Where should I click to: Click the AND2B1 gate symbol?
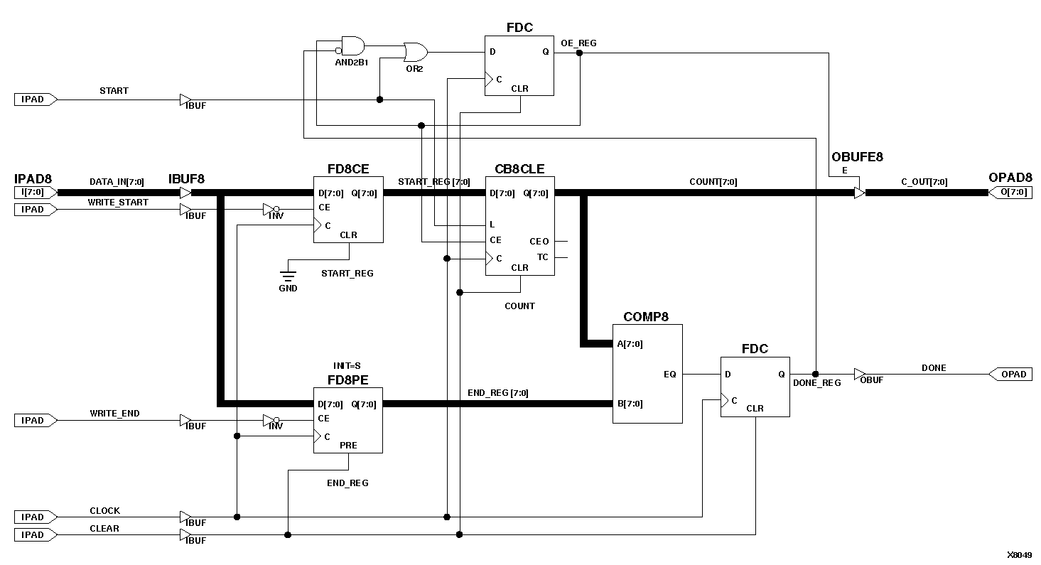[x=352, y=47]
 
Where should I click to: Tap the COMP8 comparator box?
[x=647, y=374]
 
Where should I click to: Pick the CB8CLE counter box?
[x=519, y=226]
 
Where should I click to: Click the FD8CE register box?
[x=348, y=210]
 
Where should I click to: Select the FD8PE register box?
[x=348, y=420]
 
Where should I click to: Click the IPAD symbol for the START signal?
[x=34, y=99]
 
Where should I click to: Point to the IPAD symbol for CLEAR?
[x=34, y=534]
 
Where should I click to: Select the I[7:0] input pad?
[x=34, y=193]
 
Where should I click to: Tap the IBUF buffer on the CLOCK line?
[x=185, y=517]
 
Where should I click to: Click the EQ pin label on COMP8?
[x=669, y=374]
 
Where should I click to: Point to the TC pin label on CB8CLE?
[x=542, y=257]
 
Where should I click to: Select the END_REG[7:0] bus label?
[x=497, y=393]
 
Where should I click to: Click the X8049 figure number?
[x=1019, y=554]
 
